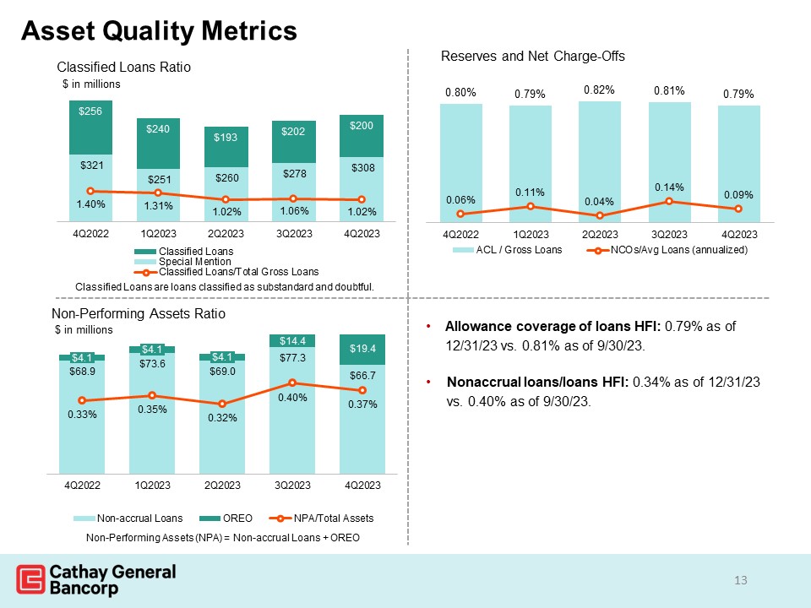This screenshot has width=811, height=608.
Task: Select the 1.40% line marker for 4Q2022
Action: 90,192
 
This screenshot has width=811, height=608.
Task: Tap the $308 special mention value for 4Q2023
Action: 362,169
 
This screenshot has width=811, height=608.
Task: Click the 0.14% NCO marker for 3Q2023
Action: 668,201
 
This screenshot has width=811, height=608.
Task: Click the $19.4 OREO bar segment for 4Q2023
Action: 362,348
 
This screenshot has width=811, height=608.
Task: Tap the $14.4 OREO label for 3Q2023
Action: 291,341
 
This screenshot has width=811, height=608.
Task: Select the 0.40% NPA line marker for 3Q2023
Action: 291,383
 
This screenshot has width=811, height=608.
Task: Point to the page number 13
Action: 742,579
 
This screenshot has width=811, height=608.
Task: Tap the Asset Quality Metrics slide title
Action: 159,31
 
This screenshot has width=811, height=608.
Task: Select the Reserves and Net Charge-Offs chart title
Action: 532,57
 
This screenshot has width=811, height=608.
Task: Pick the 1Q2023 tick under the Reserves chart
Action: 530,233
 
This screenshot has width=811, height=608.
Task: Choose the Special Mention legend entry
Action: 183,262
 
